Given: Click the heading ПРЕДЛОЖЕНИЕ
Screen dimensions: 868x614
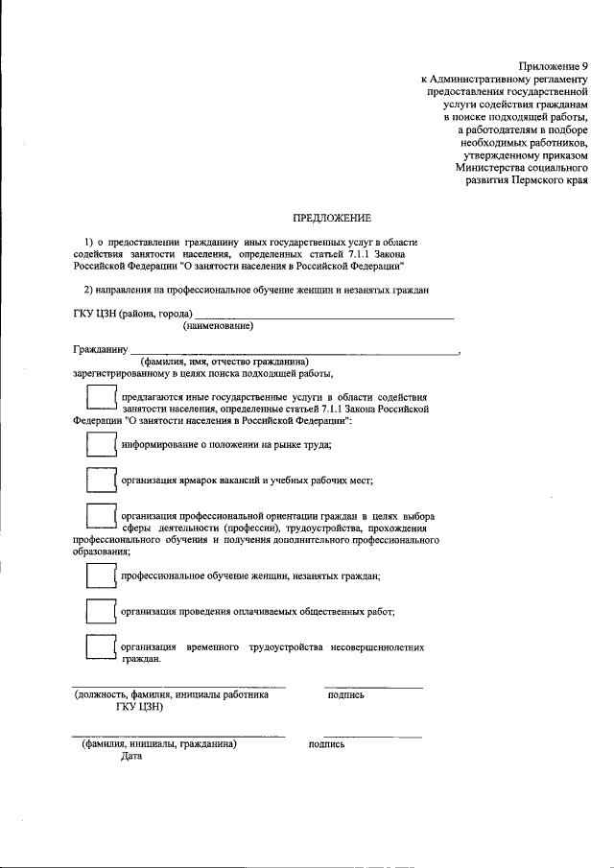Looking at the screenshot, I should pos(332,219).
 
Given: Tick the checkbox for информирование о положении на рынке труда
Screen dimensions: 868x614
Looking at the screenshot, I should pos(100,444).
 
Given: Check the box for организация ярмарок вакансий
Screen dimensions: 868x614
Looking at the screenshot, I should pos(100,480).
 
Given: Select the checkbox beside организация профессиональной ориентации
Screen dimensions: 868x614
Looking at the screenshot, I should pos(100,520).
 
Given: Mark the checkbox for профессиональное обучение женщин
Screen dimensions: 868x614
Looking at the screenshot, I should pos(100,575).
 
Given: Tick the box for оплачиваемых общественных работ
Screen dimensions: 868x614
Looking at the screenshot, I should pos(100,610).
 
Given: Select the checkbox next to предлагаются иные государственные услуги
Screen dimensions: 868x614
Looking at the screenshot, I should pos(100,400).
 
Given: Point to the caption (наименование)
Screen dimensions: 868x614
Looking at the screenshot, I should pos(218,326).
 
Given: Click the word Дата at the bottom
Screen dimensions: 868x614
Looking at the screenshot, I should pos(131,757).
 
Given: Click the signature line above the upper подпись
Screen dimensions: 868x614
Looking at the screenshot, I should pos(373,688).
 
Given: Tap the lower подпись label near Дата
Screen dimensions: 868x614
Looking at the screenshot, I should pos(327,743).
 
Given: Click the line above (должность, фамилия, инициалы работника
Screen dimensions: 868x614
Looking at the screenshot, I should pos(179,688).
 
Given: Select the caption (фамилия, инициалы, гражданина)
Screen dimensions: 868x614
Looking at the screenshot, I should pos(159,743).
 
